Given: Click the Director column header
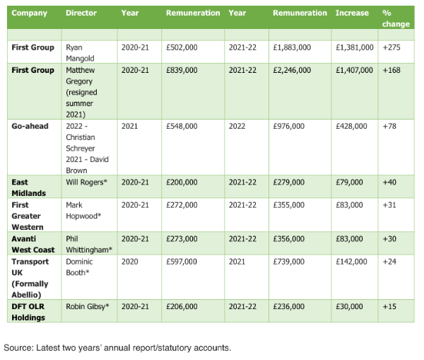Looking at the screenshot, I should tap(81, 13).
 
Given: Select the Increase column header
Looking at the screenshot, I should tap(351, 13).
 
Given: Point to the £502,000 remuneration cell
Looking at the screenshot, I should tap(182, 47).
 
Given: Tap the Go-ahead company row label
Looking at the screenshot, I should tap(29, 126).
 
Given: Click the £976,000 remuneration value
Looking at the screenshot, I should tap(288, 126).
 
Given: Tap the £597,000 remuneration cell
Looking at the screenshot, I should tap(182, 261).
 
